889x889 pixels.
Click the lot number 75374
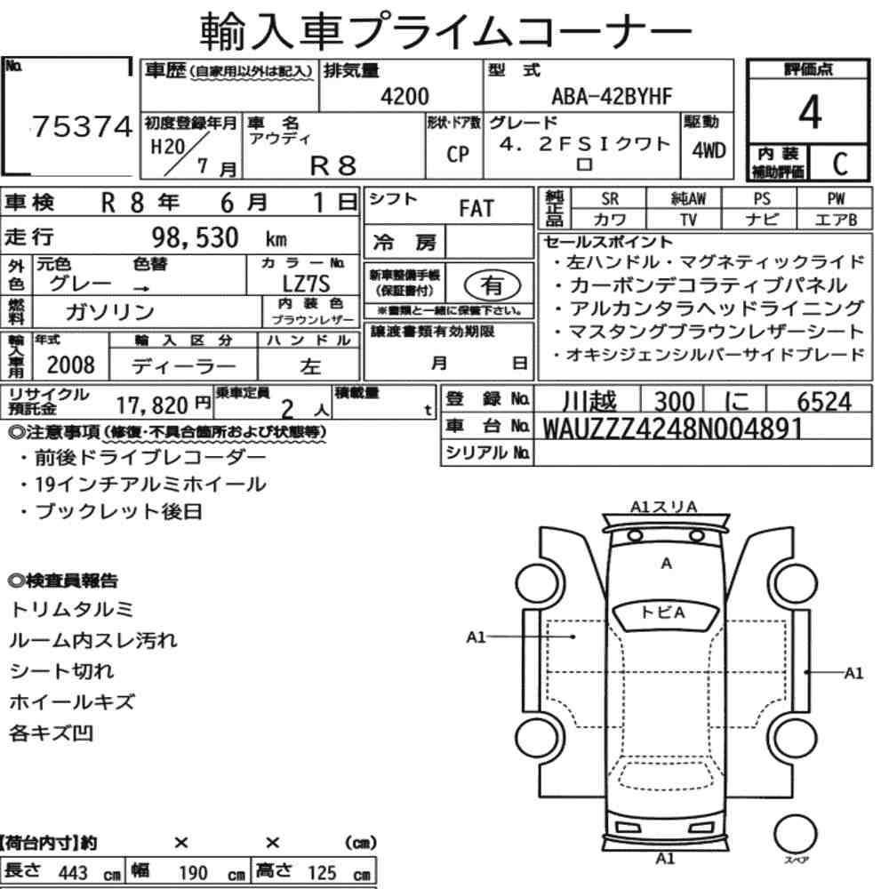[82, 126]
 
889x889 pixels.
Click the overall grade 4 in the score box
[810, 112]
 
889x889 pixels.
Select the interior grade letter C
[840, 164]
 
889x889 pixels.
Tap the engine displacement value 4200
[404, 96]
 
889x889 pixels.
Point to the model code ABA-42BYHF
[612, 96]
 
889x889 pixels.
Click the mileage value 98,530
[195, 237]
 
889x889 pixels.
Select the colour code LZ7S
[306, 284]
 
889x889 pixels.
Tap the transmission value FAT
[477, 208]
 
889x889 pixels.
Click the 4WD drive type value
[709, 150]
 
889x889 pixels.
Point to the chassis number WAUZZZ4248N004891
[673, 428]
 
